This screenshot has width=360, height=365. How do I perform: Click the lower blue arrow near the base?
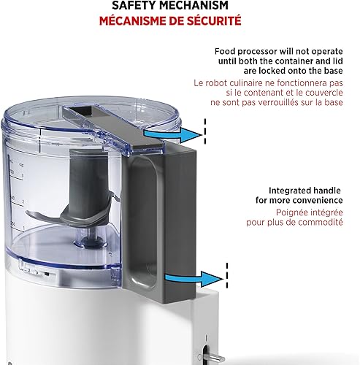[x=195, y=277]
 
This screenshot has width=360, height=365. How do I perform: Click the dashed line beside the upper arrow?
[x=206, y=133]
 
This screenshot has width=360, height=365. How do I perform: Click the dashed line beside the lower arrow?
[x=226, y=278]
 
